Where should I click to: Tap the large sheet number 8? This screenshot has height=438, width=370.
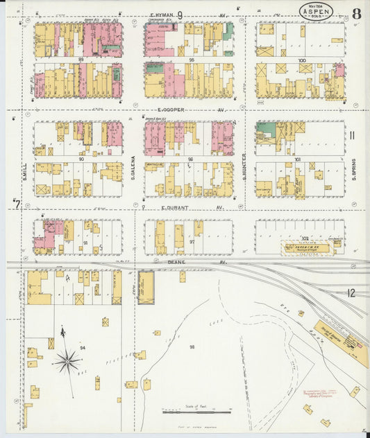point(356,14)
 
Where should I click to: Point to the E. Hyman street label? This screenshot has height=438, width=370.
point(162,14)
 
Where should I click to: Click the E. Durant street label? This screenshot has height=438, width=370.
point(172,207)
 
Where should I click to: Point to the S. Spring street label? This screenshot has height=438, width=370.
point(353,170)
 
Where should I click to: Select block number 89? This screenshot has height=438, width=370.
point(81,60)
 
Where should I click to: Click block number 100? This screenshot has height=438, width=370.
point(301,60)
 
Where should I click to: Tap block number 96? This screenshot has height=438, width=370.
point(190,159)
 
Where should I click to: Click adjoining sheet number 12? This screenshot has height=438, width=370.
point(351,293)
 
